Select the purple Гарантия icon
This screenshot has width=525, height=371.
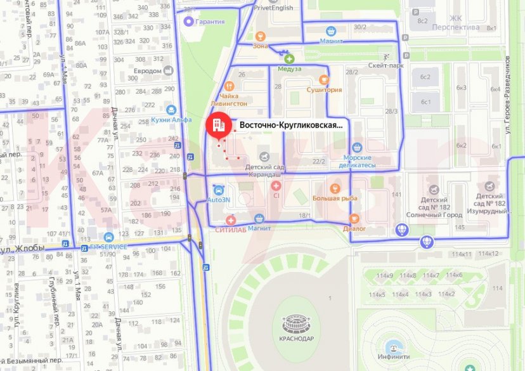188,22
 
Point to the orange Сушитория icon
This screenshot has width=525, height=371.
324,80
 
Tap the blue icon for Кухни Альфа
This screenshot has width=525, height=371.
170,109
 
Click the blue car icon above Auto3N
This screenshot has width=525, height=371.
218,190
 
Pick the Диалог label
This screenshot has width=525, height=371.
354,228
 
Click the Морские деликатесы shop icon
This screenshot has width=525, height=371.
360,146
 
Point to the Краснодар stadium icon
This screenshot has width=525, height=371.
293,320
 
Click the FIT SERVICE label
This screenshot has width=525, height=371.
108,246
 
